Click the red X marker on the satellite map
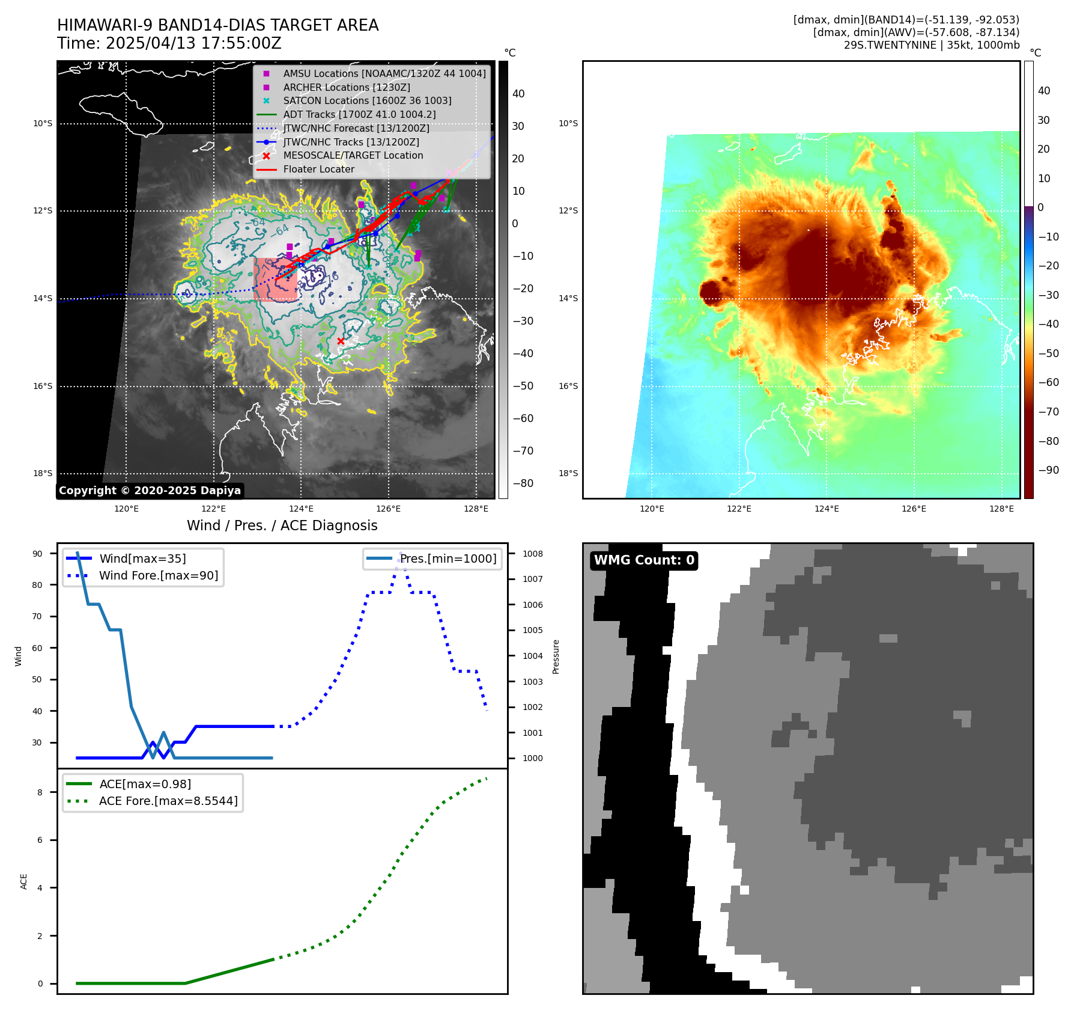(x=341, y=341)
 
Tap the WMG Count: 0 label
(x=644, y=560)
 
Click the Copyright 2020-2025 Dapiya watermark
(x=150, y=491)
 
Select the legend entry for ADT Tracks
(x=359, y=114)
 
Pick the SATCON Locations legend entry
(x=367, y=100)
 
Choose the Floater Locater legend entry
(x=318, y=169)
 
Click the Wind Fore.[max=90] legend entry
(x=159, y=575)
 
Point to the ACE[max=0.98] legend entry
(x=145, y=784)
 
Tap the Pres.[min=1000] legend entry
(x=448, y=558)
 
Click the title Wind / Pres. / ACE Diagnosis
(x=282, y=525)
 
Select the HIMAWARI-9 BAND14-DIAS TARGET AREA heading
(x=217, y=25)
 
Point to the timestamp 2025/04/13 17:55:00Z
(x=193, y=43)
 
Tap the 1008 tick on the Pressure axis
(x=532, y=554)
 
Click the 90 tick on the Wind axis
(x=37, y=554)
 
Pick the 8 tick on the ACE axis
(x=40, y=792)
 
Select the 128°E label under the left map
(x=476, y=509)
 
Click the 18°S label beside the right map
(x=568, y=473)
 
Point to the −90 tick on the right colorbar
(x=1049, y=470)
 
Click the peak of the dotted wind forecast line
(x=401, y=554)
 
